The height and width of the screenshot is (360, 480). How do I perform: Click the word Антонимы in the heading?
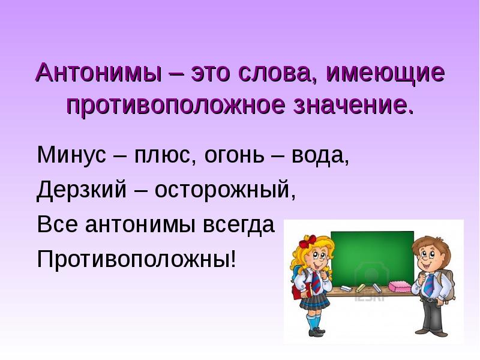point(98,73)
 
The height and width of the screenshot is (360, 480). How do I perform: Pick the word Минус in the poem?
point(71,155)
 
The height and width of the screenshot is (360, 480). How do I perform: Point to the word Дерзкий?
point(82,189)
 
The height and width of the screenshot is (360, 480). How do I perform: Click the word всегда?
point(238,224)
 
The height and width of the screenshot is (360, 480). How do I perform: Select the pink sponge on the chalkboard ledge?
point(400,286)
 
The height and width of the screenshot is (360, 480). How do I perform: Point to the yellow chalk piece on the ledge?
point(361,287)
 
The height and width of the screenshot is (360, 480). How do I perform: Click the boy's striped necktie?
point(429,284)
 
